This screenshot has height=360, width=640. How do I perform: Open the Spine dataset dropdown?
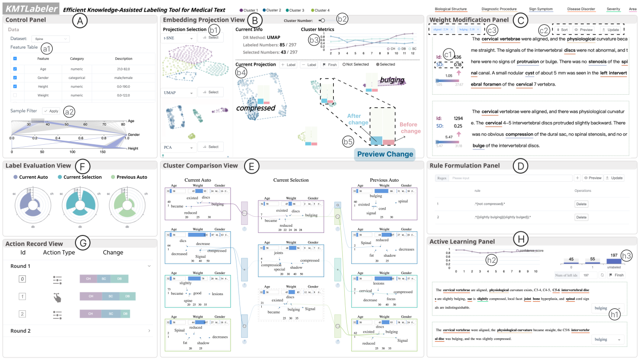coord(50,38)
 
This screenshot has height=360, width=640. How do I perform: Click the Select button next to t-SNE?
coord(210,38)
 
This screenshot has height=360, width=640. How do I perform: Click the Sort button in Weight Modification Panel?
coord(562,30)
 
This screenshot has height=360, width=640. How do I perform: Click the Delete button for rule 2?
coord(581,217)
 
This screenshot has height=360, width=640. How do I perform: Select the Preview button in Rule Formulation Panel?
coord(593,178)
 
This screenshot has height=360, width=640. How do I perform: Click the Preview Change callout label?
coord(385,154)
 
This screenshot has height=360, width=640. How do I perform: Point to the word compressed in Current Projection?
coord(255,108)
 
